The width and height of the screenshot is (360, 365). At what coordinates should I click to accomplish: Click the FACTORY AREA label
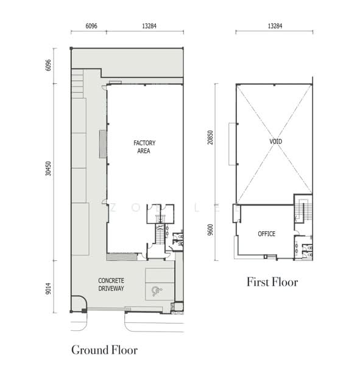144,147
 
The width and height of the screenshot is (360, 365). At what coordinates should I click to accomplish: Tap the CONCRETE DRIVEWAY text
111,285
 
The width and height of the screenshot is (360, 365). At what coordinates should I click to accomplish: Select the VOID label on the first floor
275,141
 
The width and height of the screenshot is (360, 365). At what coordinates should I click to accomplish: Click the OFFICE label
267,234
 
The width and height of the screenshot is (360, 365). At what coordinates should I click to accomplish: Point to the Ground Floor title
104,350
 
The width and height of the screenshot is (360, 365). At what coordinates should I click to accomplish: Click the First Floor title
272,282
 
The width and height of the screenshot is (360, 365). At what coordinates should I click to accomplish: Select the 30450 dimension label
48,169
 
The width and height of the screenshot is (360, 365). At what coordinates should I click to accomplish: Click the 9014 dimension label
48,288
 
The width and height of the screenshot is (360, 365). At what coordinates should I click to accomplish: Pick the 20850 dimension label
210,137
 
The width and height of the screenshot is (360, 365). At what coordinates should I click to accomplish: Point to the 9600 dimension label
210,230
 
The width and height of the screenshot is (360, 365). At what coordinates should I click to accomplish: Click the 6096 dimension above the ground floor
91,26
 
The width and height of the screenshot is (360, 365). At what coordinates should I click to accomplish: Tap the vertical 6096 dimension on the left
48,65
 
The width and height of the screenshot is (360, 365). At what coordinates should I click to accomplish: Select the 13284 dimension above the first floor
275,26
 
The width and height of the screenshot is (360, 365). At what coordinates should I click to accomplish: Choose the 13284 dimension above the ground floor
149,26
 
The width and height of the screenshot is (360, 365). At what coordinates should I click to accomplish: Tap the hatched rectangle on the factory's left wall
103,144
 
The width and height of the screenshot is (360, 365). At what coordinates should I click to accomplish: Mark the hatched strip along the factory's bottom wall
121,257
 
